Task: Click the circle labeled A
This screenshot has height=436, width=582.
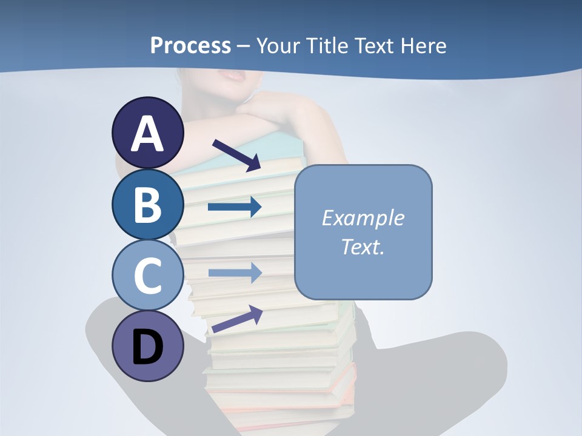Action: (x=148, y=133)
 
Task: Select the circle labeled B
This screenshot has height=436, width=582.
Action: (x=148, y=205)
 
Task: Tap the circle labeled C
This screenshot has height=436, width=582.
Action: (x=148, y=275)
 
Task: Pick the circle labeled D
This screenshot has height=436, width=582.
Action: (x=148, y=346)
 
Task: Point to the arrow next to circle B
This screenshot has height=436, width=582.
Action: (x=234, y=207)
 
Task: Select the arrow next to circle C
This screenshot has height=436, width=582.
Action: (x=234, y=272)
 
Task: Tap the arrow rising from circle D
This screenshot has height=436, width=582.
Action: (x=237, y=319)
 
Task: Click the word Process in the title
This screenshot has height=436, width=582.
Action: (x=190, y=45)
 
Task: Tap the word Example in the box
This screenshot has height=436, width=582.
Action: (x=363, y=218)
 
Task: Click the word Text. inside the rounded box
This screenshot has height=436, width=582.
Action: (x=363, y=246)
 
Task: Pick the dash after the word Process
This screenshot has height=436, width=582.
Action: (x=244, y=46)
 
